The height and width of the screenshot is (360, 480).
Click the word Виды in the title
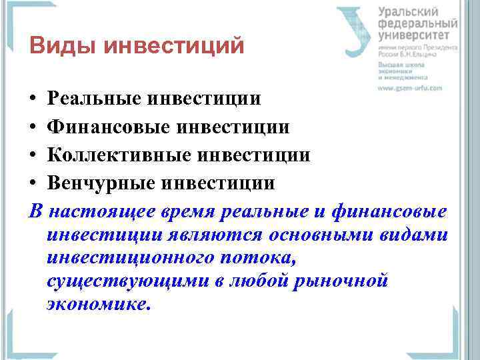(x=57, y=47)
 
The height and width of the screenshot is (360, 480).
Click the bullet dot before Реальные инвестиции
(x=33, y=99)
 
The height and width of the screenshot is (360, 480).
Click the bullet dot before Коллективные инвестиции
(x=33, y=155)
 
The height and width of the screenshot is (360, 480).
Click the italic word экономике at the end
(x=99, y=303)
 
